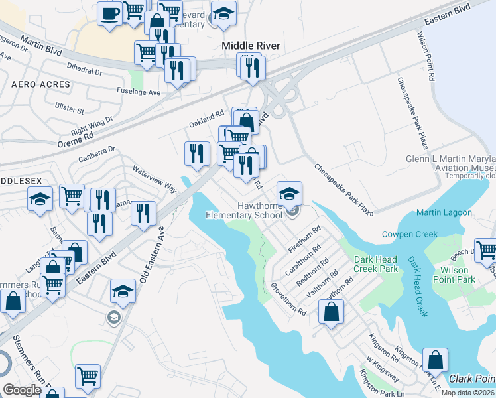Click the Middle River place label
(x=250, y=46)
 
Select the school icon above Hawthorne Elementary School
(x=289, y=194)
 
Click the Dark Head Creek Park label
(x=375, y=264)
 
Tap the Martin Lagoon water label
(x=444, y=212)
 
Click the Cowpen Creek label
(x=410, y=234)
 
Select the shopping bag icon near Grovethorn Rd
(x=331, y=312)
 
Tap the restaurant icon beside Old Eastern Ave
(x=143, y=213)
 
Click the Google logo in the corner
(x=22, y=390)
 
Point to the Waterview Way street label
(x=155, y=179)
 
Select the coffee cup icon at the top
(x=110, y=13)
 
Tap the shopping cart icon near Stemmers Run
(x=87, y=376)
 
